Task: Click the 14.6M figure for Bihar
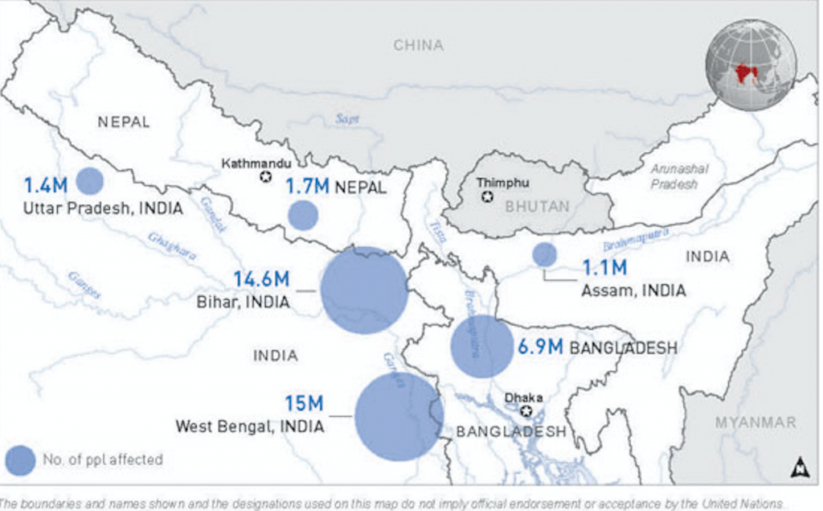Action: tap(262, 280)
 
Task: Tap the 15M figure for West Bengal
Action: tap(305, 402)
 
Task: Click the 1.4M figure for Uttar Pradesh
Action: tap(46, 186)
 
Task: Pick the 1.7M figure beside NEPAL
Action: tap(308, 187)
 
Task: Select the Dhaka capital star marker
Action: tap(527, 411)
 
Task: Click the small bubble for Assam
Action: tap(544, 254)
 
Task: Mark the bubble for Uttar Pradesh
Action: tap(90, 182)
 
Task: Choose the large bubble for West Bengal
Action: tap(399, 416)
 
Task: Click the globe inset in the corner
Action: tap(751, 64)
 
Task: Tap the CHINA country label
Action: tap(418, 46)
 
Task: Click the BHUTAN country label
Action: tap(537, 207)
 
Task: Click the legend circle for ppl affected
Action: tap(21, 460)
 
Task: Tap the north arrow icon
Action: tap(800, 466)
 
